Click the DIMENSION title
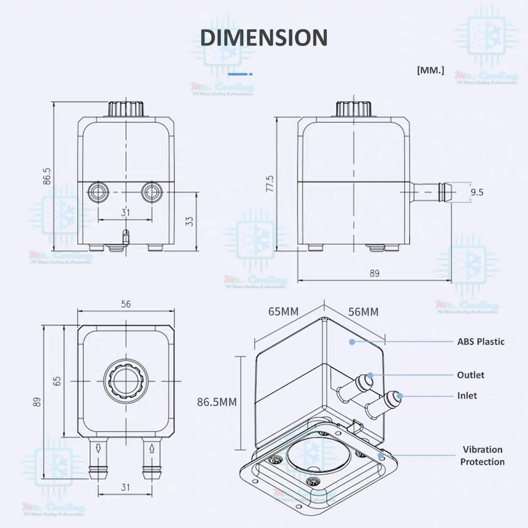click(x=263, y=38)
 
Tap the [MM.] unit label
click(x=430, y=71)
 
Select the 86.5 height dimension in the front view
click(x=47, y=176)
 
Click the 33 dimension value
click(x=189, y=220)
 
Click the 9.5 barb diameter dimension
click(x=477, y=192)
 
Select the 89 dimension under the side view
click(x=375, y=273)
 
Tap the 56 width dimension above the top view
click(x=125, y=304)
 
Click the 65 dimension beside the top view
click(x=57, y=381)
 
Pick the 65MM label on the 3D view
click(x=284, y=311)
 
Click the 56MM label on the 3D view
click(x=363, y=311)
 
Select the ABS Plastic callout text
click(x=481, y=341)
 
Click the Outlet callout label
click(x=470, y=375)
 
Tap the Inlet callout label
click(x=467, y=395)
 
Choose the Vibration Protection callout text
click(x=482, y=455)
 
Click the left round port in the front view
click(x=97, y=192)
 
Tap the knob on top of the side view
click(x=353, y=109)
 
